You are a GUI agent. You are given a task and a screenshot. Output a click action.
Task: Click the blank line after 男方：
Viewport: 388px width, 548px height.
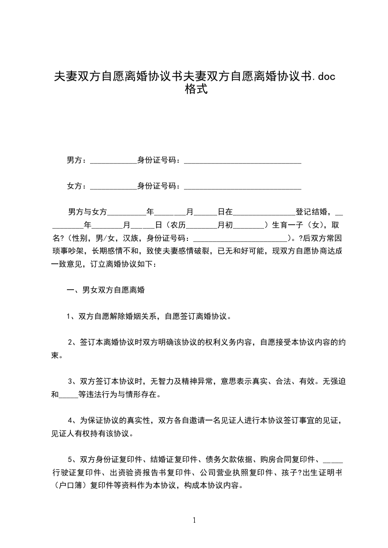tap(114, 161)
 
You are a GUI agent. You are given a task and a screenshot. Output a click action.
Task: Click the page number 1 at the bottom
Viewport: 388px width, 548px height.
tap(194, 520)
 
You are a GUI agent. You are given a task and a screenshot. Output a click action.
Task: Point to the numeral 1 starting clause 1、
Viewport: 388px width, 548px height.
tap(69, 316)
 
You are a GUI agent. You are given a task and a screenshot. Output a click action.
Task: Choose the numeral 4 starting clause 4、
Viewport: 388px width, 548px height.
tap(70, 420)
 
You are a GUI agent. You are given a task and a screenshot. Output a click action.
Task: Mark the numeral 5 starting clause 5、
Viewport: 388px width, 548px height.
tap(70, 459)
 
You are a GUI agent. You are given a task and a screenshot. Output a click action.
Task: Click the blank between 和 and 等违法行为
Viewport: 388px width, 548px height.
tap(68, 395)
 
